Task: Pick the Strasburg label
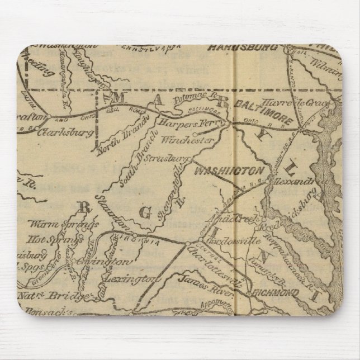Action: point(164,158)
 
